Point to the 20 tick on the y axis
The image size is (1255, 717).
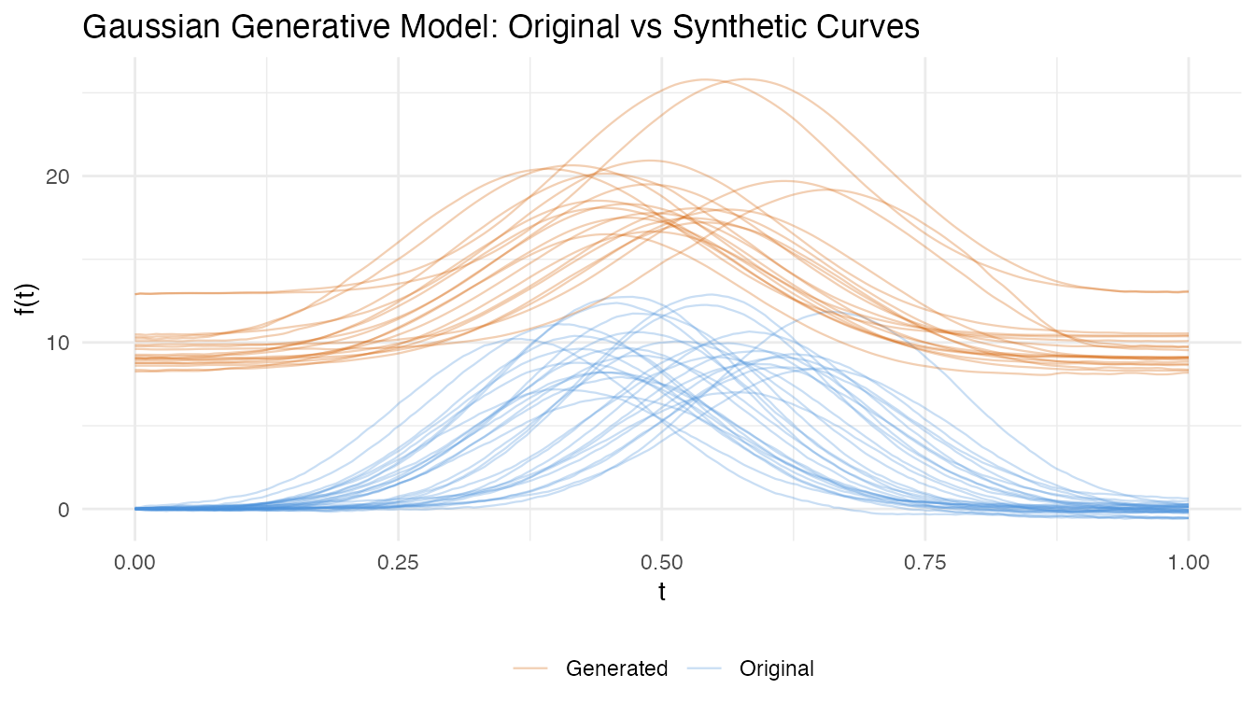point(57,176)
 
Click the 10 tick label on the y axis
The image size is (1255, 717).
point(57,343)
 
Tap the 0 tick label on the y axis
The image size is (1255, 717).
point(63,510)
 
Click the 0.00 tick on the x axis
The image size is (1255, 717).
point(135,563)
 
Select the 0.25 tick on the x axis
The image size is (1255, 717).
point(399,563)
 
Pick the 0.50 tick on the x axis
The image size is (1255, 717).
point(662,563)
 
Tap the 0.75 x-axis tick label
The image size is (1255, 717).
point(925,563)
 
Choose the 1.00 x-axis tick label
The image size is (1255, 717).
point(1189,563)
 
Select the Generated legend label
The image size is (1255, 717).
point(617,668)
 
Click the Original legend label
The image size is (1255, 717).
point(777,668)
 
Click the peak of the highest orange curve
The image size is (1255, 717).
point(747,79)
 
